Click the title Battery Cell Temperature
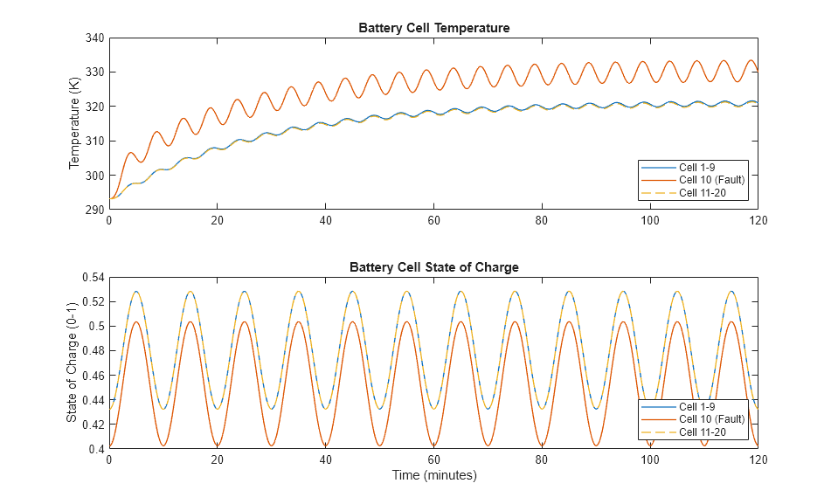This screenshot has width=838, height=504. (433, 28)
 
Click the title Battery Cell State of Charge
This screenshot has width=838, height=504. (433, 267)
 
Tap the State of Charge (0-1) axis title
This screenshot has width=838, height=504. (72, 362)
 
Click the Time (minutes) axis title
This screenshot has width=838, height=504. (433, 475)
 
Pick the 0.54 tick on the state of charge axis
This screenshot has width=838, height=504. (91, 277)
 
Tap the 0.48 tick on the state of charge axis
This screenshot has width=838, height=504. (91, 351)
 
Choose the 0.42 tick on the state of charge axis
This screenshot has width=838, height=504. (91, 425)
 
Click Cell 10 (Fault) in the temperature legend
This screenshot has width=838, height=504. (711, 180)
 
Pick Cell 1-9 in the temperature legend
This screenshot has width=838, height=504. (699, 167)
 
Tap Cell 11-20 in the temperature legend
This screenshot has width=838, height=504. (702, 193)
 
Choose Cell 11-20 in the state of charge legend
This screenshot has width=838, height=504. (702, 432)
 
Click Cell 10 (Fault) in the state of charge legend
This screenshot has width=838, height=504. (711, 419)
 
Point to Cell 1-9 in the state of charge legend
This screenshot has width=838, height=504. (699, 407)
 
